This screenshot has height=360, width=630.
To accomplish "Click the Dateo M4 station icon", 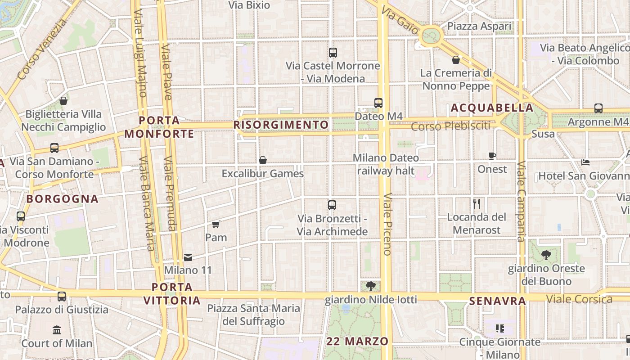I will click(x=378, y=103).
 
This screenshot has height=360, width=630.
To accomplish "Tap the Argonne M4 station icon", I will click(x=598, y=108).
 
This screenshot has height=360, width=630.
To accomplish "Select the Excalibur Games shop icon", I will click(x=263, y=160).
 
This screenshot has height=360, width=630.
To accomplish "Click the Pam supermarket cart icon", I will click(x=216, y=224).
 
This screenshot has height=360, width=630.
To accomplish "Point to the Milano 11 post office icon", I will click(x=188, y=257).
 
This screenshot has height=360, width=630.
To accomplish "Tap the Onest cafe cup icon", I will click(x=492, y=156).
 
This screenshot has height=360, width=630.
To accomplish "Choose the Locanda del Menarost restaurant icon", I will click(x=477, y=204).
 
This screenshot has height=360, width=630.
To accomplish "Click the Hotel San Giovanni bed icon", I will click(x=585, y=162).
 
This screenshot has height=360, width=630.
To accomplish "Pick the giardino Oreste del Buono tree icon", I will click(x=546, y=255).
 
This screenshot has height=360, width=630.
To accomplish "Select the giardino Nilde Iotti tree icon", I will click(x=371, y=286).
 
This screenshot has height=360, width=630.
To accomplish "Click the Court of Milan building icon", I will click(x=57, y=330).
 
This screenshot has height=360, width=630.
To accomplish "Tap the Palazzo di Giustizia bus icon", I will click(x=62, y=297).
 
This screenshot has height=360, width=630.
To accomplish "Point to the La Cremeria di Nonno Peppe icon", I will click(x=456, y=59).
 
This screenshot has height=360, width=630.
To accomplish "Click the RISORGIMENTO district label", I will click(x=281, y=124).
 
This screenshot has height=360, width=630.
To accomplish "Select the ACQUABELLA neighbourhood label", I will click(x=492, y=108).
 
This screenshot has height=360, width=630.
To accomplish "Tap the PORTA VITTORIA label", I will click(x=172, y=293).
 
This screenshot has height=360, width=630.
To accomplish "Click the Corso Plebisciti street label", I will click(x=450, y=126).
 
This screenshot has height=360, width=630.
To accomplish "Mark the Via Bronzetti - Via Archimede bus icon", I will click(x=332, y=205).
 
